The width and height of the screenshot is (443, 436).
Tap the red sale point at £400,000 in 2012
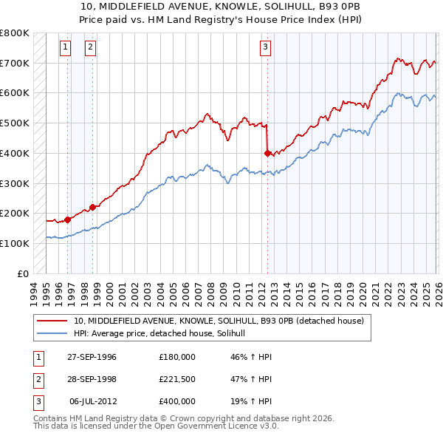point(267,153)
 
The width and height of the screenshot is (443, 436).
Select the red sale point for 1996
point(68,219)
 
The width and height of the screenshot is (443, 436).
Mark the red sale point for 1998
point(93,207)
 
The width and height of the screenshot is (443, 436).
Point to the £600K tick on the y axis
point(15,93)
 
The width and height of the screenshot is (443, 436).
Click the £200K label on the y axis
point(15,213)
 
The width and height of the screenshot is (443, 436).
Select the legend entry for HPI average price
point(164,334)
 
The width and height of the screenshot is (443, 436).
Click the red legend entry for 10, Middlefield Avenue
point(219,321)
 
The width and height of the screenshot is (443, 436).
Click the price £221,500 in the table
point(176,379)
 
